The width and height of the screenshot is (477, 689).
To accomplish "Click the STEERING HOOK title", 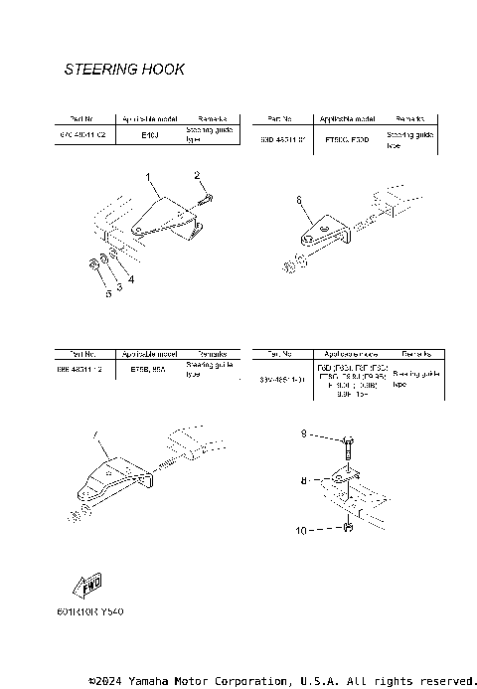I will (x=124, y=70).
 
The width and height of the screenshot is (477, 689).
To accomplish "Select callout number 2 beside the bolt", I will (x=198, y=176).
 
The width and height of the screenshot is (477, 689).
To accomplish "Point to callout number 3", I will (x=119, y=286).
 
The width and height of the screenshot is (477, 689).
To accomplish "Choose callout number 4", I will (x=130, y=280).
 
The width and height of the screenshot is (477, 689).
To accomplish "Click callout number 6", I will (x=297, y=200).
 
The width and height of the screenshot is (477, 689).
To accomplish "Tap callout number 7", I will (x=96, y=434).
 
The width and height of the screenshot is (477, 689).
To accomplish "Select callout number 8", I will (x=306, y=479).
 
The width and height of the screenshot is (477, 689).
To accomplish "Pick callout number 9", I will (x=306, y=434).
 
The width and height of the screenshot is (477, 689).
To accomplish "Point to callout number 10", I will (x=301, y=531).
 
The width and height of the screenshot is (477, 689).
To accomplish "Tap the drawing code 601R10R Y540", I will (x=97, y=611).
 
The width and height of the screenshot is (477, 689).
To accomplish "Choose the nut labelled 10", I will (x=347, y=528).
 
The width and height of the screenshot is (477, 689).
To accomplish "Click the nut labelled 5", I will (x=91, y=263).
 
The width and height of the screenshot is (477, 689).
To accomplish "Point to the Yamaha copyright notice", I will (x=282, y=680).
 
